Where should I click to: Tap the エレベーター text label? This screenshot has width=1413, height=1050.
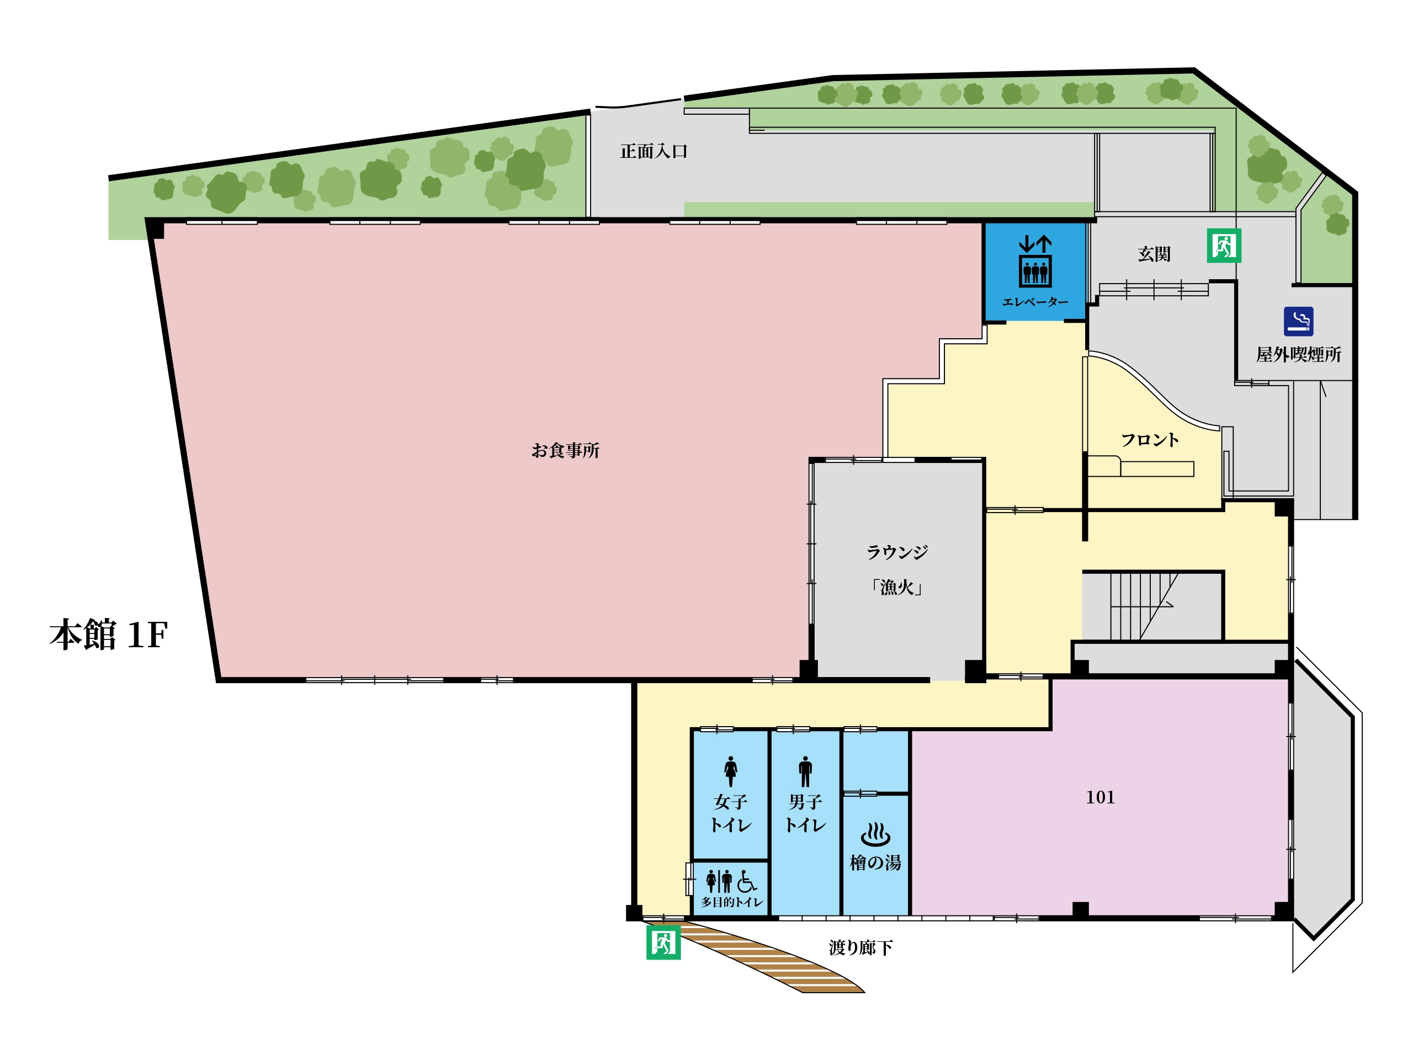[x=1035, y=302]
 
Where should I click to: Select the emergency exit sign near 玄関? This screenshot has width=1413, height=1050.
[x=1224, y=246]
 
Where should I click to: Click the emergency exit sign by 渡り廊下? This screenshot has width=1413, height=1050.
[x=663, y=942]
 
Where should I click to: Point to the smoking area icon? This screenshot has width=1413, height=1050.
[x=1299, y=322]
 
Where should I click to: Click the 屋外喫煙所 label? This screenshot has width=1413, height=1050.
[x=1299, y=355]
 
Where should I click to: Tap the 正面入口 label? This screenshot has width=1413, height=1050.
[x=654, y=151]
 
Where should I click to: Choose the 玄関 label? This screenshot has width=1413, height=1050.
[x=1154, y=254]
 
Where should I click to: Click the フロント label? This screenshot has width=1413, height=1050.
[x=1149, y=440]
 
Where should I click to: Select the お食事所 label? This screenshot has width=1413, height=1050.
[x=565, y=451]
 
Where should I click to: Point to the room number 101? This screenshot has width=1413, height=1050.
[x=1100, y=798]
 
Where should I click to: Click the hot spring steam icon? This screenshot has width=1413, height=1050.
[x=875, y=834]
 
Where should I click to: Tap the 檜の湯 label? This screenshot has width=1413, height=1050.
[x=875, y=862]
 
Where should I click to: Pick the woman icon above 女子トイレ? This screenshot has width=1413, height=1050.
[x=730, y=771]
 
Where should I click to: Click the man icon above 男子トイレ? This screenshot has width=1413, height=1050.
[x=805, y=771]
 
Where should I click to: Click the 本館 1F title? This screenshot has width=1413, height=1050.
[x=109, y=635]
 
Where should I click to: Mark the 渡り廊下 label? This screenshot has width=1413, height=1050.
[x=860, y=948]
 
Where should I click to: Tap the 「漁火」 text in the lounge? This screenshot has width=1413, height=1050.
[x=897, y=587]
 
